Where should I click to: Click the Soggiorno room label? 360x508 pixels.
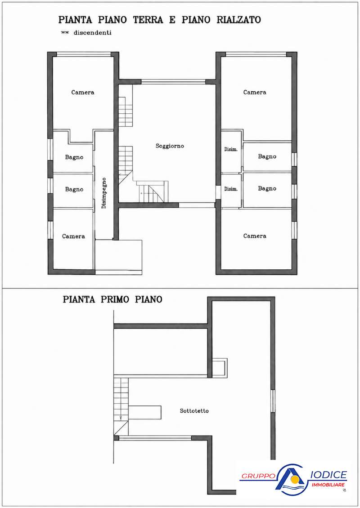click(170, 146)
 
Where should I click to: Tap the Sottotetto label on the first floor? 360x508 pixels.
click(194, 411)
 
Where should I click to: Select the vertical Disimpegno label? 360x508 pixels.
click(104, 193)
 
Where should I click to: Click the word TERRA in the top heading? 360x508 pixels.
click(148, 20)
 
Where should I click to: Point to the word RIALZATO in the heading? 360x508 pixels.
click(238, 20)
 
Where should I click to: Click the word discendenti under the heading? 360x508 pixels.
click(92, 33)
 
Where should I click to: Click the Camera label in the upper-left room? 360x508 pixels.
click(83, 92)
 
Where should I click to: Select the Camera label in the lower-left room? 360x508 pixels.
click(74, 236)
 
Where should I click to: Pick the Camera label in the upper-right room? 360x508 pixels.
click(255, 92)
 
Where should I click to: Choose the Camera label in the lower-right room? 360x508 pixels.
click(255, 236)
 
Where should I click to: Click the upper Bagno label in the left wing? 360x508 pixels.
click(74, 157)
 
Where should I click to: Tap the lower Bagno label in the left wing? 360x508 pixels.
click(74, 190)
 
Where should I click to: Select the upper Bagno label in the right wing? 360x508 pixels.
click(267, 156)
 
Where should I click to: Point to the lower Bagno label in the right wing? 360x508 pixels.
click(267, 188)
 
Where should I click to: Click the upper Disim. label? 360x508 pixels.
click(231, 149)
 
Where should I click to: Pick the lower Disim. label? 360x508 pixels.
click(231, 189)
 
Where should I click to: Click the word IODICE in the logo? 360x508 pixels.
click(329, 475)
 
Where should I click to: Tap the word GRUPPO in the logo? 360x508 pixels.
click(258, 476)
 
